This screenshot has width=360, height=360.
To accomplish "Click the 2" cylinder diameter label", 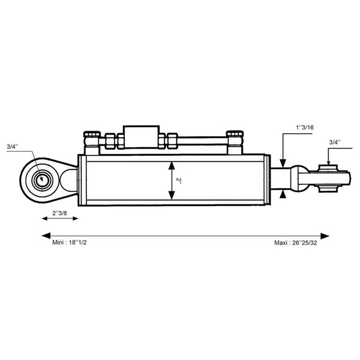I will (178, 181).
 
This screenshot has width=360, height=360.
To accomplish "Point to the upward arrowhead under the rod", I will (282, 195).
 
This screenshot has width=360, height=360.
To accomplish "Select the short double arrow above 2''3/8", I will (60, 219).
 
